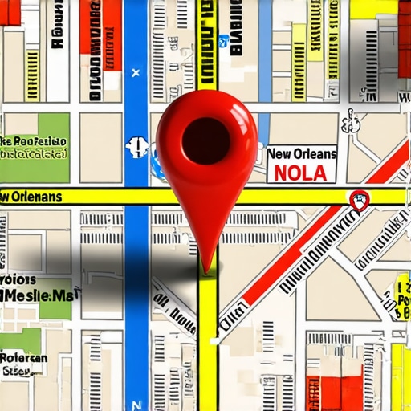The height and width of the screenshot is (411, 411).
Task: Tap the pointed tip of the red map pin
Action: [208, 269]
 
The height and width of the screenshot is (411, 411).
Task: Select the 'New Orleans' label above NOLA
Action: [302, 153]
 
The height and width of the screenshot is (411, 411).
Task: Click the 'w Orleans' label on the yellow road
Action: [32, 197]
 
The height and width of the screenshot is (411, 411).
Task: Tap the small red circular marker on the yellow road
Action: [359, 199]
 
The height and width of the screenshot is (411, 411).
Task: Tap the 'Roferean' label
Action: [24, 358]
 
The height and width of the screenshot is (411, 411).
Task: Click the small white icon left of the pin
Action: [137, 146]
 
